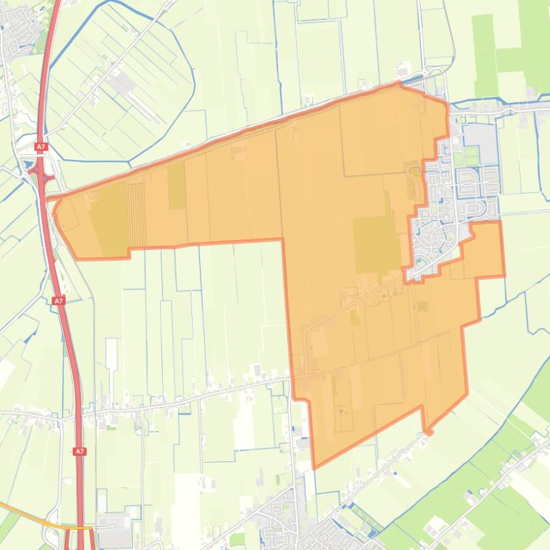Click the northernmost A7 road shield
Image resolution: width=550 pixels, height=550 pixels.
pos(41,147)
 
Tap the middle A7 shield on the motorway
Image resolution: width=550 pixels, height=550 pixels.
pos(59,301)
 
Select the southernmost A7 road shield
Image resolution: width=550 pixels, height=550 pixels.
pos(80,451)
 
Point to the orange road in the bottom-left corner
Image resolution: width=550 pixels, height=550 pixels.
pos(21,514)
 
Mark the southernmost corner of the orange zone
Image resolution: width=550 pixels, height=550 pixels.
pos(314,468)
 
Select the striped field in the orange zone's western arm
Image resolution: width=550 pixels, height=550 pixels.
pos(136,214)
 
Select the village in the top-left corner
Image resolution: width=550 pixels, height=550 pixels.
pos(18,29)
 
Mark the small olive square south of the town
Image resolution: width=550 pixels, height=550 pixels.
pos(423,306)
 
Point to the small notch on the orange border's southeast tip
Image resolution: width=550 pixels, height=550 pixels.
pos(428,431)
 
